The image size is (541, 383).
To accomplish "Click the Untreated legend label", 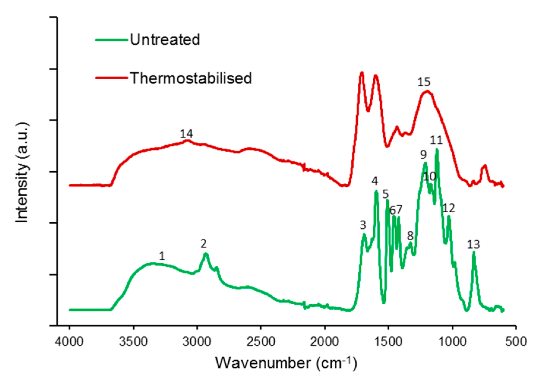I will [x=165, y=39].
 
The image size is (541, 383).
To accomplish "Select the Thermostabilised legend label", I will [x=191, y=78].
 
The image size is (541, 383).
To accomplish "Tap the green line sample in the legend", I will [x=112, y=39].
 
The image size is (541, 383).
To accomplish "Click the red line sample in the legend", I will [x=112, y=78].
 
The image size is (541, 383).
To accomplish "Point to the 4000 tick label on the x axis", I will [x=69, y=341].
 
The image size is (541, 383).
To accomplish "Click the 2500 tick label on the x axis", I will [x=261, y=341].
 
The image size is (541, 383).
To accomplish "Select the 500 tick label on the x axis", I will [x=516, y=341].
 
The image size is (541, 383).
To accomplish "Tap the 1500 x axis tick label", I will [x=388, y=341].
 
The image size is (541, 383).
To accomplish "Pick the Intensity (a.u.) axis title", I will [x=22, y=172].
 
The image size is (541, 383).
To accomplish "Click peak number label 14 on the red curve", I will [x=186, y=134].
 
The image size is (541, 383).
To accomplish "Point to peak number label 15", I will [x=424, y=82].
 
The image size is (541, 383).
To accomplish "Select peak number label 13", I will [x=473, y=245].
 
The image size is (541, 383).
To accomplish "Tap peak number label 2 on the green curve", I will [x=203, y=244].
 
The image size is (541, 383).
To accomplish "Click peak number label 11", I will [x=436, y=140].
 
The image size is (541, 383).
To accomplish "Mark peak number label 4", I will [x=375, y=181].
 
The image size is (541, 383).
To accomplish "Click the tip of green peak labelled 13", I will [x=474, y=253].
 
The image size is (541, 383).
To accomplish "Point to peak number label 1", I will [x=162, y=256].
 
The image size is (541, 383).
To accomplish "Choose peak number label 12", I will [x=449, y=208].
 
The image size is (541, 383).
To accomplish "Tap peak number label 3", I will [x=363, y=225].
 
